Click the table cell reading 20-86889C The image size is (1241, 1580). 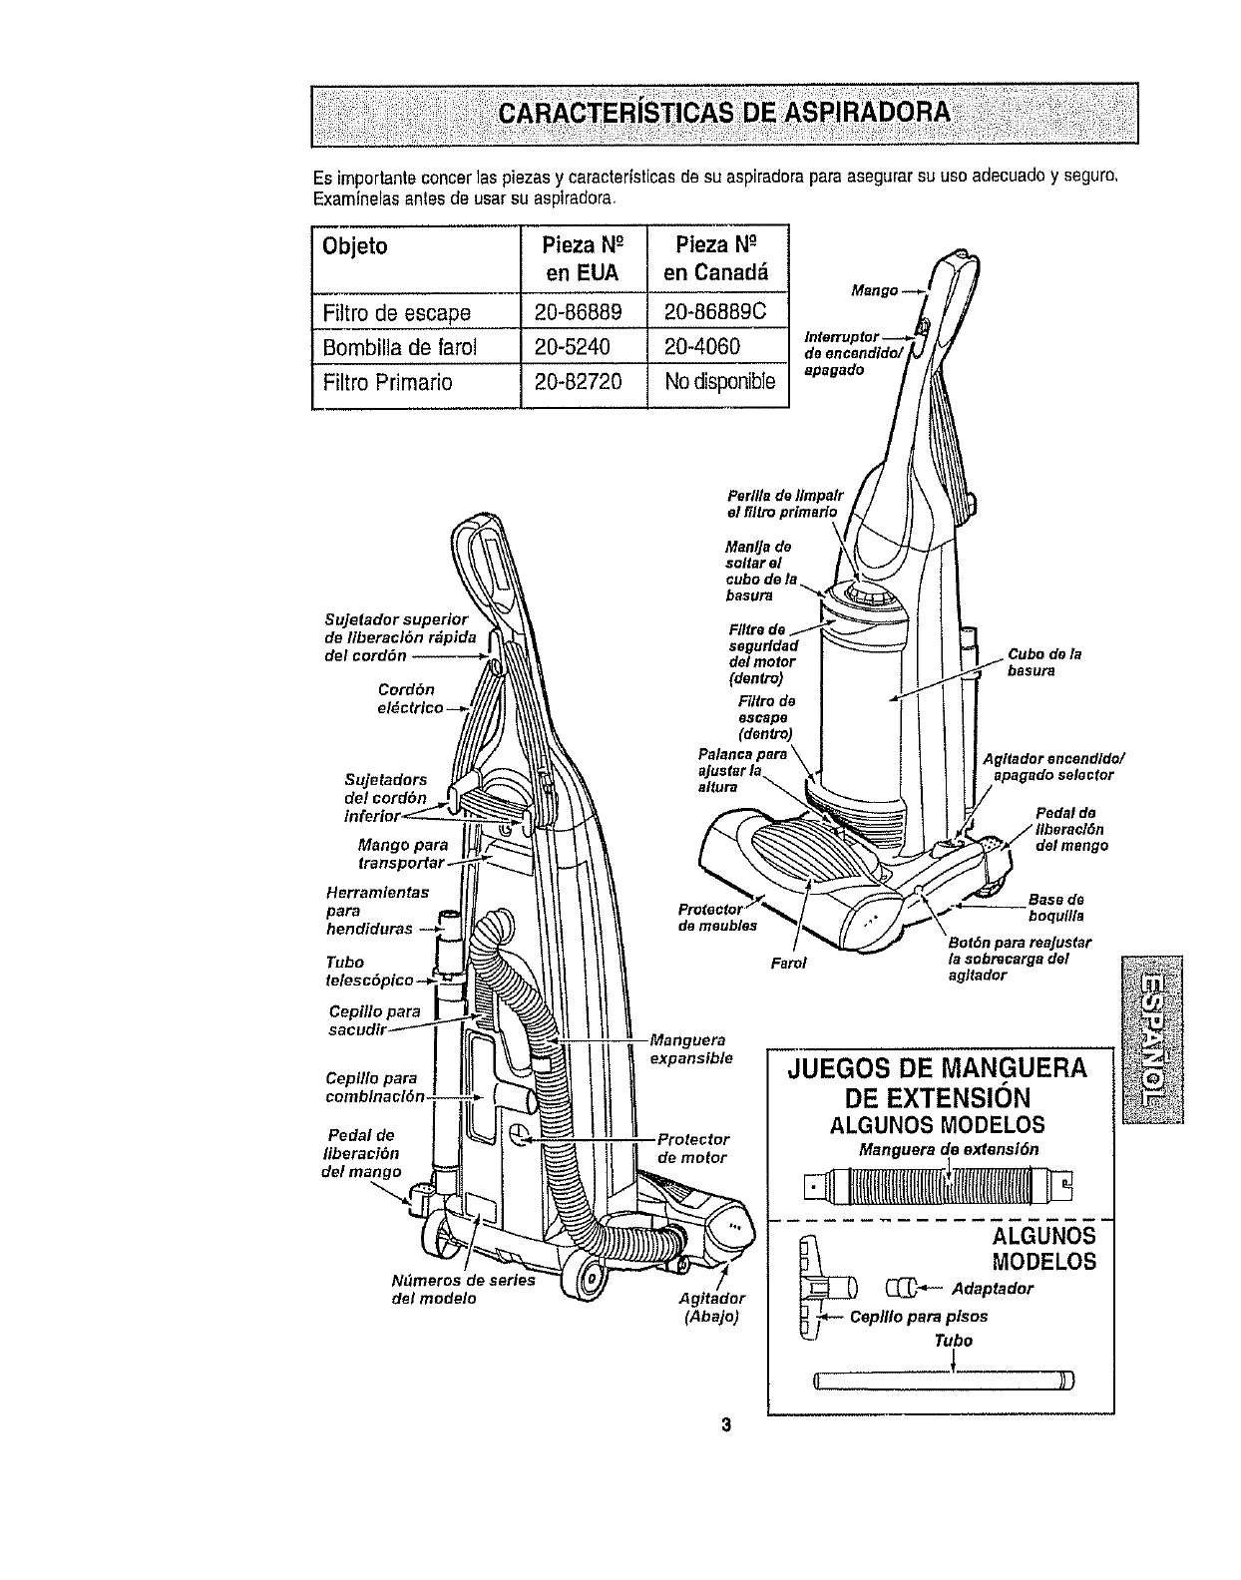click(717, 312)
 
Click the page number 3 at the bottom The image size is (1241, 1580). click(727, 1423)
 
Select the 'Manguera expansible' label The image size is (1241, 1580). click(690, 1049)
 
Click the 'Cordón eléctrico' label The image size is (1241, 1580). click(408, 698)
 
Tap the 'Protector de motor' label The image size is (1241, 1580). click(692, 1148)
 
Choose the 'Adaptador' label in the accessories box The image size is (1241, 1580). click(993, 1288)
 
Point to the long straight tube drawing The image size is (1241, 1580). click(943, 1381)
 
